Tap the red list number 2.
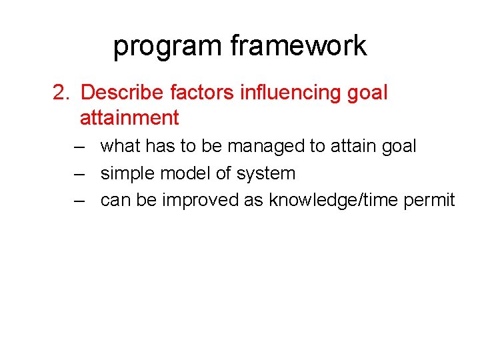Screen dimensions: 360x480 point(61,92)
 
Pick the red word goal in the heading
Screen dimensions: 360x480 point(367,93)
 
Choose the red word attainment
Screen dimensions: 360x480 point(129,118)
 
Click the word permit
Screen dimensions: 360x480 point(431,201)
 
